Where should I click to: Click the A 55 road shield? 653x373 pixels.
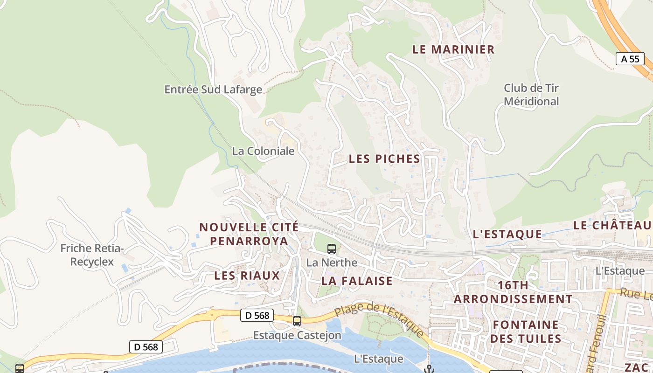(630, 59)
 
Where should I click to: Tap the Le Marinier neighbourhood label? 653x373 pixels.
(453, 49)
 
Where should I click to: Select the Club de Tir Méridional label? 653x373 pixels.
(531, 95)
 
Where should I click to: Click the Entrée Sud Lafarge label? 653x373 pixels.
(213, 90)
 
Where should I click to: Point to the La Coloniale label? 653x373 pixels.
(263, 151)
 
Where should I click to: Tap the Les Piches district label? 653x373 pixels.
(384, 159)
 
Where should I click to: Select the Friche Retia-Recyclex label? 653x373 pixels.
(92, 255)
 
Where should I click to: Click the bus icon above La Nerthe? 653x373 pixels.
(332, 249)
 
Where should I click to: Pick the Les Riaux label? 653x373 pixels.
(247, 276)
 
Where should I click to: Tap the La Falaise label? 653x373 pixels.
(357, 281)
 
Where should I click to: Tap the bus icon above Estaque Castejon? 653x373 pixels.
(297, 321)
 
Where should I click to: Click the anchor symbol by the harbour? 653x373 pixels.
(429, 369)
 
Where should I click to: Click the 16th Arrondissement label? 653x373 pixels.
(513, 292)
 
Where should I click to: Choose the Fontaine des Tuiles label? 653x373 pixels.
(526, 332)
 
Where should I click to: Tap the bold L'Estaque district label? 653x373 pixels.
(507, 234)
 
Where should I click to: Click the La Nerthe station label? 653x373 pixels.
(332, 263)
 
